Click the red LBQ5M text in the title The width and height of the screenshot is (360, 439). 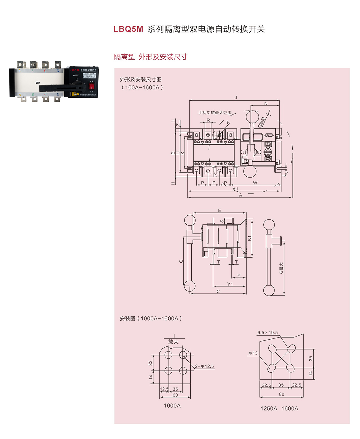click(x=128, y=29)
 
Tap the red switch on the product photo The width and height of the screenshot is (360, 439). click(x=91, y=86)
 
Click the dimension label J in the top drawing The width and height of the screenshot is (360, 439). click(x=236, y=98)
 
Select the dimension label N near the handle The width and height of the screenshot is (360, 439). click(x=266, y=104)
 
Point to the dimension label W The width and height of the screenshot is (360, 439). click(x=255, y=183)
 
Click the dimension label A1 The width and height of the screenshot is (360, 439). click(x=235, y=189)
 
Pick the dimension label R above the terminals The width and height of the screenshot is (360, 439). click(x=208, y=120)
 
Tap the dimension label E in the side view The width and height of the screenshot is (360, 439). click(x=220, y=210)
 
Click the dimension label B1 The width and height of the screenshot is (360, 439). click(x=250, y=238)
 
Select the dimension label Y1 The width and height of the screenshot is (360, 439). click(x=230, y=284)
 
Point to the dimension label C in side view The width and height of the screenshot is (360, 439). click(x=218, y=291)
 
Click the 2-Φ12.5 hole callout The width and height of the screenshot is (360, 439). click(x=204, y=366)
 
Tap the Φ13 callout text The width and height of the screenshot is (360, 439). click(x=253, y=353)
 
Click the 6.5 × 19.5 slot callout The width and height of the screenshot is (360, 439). click(x=268, y=333)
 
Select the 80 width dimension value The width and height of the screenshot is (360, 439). click(x=282, y=394)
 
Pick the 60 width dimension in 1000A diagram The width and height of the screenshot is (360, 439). click(x=175, y=395)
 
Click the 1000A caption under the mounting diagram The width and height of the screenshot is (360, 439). click(x=172, y=406)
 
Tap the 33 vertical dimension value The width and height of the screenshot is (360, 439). click(x=151, y=363)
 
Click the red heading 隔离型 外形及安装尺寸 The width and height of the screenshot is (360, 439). click(x=151, y=57)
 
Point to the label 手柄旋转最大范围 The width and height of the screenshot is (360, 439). click(x=215, y=113)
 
